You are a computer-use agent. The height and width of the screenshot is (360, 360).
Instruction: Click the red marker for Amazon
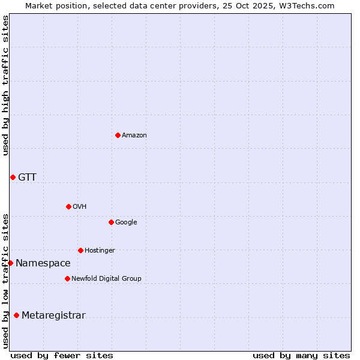pyautogui.click(x=118, y=135)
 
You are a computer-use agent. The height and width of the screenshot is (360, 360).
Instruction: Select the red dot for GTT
pyautogui.click(x=13, y=177)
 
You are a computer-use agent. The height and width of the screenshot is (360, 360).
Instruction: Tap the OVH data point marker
pyautogui.click(x=68, y=206)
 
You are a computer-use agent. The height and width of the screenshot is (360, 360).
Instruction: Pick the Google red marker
pyautogui.click(x=111, y=222)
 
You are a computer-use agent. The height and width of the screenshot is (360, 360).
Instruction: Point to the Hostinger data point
pyautogui.click(x=80, y=250)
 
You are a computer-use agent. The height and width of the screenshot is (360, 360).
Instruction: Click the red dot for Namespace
pyautogui.click(x=10, y=263)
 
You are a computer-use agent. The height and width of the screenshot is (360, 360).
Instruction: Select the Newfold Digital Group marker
pyautogui.click(x=67, y=278)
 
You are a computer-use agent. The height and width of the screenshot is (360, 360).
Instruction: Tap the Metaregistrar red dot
pyautogui.click(x=16, y=315)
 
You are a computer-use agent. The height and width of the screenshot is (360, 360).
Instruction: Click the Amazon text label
pyautogui.click(x=134, y=136)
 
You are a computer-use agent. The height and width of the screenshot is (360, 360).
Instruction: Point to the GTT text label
pyautogui.click(x=27, y=177)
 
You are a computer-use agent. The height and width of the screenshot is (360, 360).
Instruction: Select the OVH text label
pyautogui.click(x=80, y=207)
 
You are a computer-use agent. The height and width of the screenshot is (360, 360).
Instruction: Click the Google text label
pyautogui.click(x=126, y=223)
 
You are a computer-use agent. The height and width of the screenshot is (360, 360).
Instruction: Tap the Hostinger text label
pyautogui.click(x=100, y=251)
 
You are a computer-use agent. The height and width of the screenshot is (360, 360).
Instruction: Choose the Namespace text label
pyautogui.click(x=43, y=263)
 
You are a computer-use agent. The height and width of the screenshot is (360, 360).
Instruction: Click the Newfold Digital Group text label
pyautogui.click(x=106, y=279)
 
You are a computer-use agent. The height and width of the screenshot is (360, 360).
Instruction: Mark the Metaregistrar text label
pyautogui.click(x=53, y=316)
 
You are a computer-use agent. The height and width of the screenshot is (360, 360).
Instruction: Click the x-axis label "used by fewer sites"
pyautogui.click(x=62, y=355)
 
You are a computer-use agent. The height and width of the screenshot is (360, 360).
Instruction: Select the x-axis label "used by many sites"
pyautogui.click(x=301, y=355)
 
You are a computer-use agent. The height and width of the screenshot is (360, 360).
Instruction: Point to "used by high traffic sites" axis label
pyautogui.click(x=5, y=85)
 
